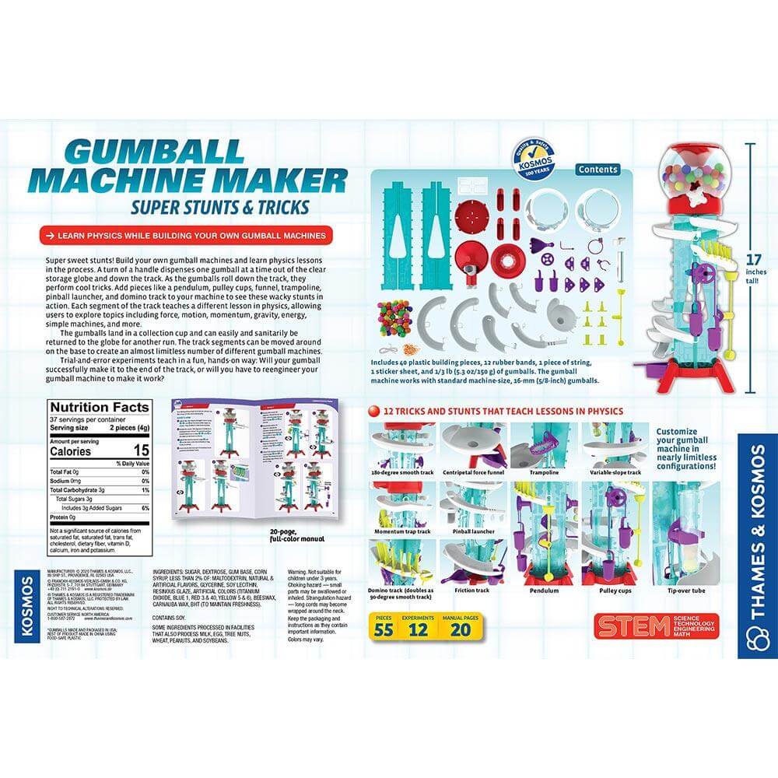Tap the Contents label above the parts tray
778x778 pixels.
598,170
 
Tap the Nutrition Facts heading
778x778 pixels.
99,407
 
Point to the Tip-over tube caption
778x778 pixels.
684,591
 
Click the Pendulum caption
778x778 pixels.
545,591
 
